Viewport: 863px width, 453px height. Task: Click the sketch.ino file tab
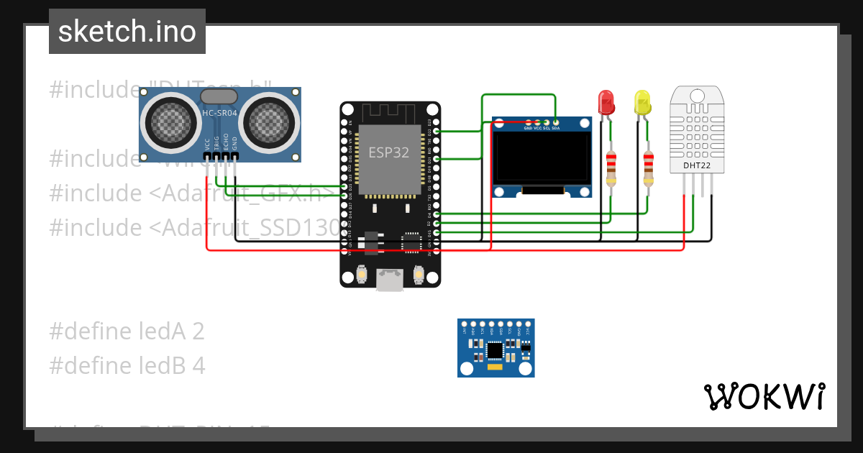point(127,32)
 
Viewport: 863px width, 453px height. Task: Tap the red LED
point(606,102)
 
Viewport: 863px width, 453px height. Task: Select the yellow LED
point(641,102)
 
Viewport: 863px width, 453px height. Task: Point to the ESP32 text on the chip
point(389,152)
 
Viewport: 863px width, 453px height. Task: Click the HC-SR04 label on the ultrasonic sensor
point(220,113)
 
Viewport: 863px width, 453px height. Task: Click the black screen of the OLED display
point(542,158)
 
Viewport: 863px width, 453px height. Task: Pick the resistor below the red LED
point(611,168)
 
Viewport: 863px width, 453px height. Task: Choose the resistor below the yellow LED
point(649,168)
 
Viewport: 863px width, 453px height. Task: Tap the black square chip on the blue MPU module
point(496,350)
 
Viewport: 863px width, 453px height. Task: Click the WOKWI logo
point(764,396)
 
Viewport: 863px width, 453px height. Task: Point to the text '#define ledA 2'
point(127,331)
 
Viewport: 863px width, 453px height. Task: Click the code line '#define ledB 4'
point(127,366)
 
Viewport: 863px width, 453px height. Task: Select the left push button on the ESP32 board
point(361,274)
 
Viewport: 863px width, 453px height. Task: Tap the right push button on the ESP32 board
point(419,274)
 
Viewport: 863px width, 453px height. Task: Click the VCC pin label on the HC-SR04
point(207,142)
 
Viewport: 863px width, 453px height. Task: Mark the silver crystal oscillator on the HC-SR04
point(219,96)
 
